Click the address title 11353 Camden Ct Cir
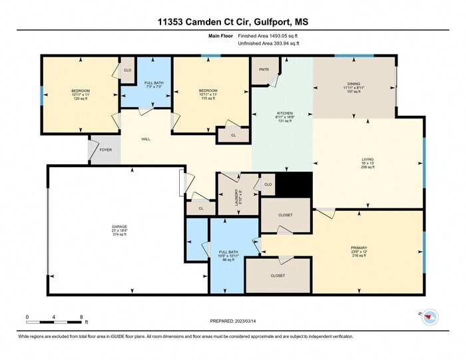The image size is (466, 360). coord(233,22)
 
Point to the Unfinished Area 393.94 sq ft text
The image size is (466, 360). coord(268,43)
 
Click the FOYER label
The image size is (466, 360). coord(106,150)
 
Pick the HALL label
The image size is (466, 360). coord(145,140)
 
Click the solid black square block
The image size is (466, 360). coord(294,184)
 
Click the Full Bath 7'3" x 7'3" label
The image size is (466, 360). coord(154,85)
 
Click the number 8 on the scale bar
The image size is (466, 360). coord(81,317)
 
